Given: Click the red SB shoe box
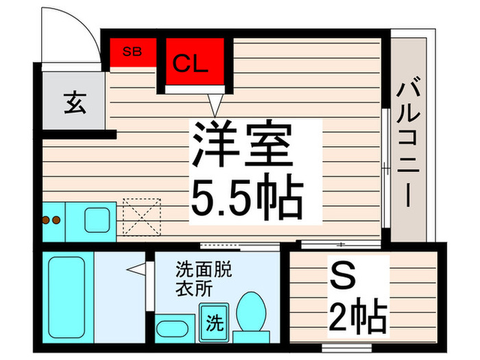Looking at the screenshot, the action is coord(133,52).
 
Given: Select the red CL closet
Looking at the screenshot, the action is coord(195,61).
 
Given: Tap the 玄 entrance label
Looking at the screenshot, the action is coord(75,103).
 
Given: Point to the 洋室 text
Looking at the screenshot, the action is coord(242,144).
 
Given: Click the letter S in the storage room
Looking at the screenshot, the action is coord(343,276).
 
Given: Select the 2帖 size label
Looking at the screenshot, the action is coord(358,317).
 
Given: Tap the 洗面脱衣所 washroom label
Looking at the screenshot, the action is coord(204,278).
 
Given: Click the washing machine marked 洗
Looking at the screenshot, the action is coord(214,323).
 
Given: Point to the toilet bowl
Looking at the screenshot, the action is coord(252,311).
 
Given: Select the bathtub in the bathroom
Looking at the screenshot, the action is coord(67,297).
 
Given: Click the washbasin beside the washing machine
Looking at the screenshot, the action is coord(172,328).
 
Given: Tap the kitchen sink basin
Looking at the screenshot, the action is coord(97,220).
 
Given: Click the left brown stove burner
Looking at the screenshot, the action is coord(46,220).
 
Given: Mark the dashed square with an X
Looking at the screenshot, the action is coord(142,217).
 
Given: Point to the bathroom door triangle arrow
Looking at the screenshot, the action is coord(136,269).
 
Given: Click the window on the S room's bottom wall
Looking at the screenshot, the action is coord(346,348).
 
